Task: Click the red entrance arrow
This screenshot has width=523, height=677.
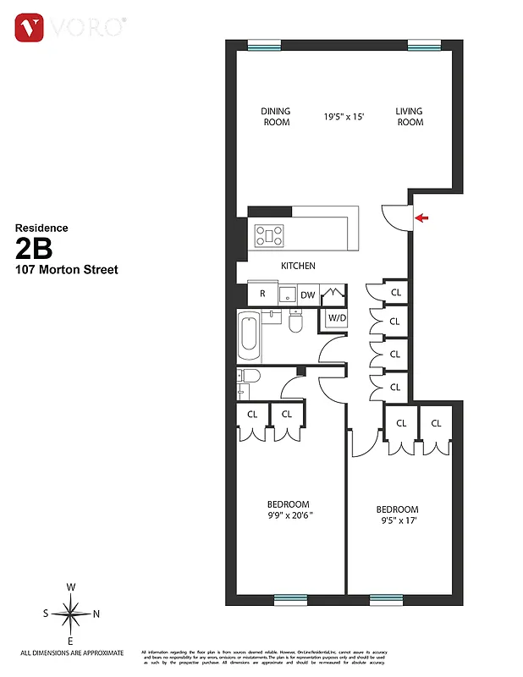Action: [x=422, y=218]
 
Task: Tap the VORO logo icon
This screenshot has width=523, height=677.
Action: [x=30, y=28]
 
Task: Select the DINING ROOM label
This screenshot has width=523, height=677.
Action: [x=275, y=117]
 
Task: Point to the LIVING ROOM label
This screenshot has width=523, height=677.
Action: [x=410, y=117]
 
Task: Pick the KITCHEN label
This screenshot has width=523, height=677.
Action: [x=298, y=266]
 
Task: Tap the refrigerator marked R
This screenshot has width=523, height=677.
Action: [x=262, y=294]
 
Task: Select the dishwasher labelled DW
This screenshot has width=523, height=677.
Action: [x=307, y=294]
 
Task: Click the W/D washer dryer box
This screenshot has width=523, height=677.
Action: [x=337, y=318]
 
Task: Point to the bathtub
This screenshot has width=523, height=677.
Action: [x=250, y=335]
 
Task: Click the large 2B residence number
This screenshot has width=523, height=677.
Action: [x=35, y=248]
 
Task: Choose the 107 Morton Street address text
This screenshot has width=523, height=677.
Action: [x=66, y=270]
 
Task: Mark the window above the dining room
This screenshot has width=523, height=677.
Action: [x=264, y=45]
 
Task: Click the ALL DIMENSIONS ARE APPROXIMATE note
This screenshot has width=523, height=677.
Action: [x=72, y=652]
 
